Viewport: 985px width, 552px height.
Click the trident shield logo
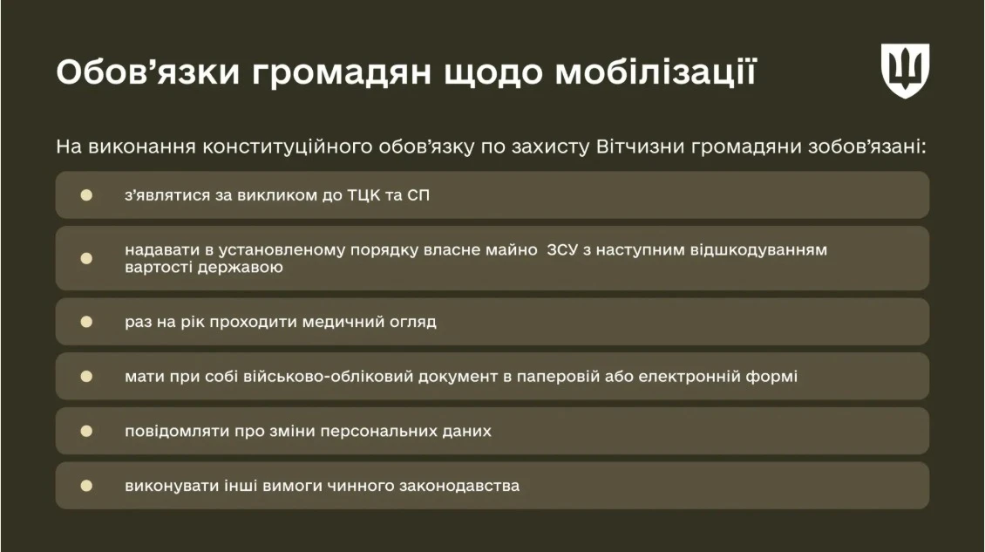pyautogui.click(x=905, y=71)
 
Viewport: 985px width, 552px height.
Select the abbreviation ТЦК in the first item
pyautogui.click(x=357, y=194)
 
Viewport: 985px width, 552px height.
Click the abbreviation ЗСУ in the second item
pyautogui.click(x=565, y=250)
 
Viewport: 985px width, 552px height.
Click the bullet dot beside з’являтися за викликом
pyautogui.click(x=86, y=194)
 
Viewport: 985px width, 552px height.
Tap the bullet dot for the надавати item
pyautogui.click(x=86, y=258)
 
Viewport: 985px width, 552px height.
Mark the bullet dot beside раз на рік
pyautogui.click(x=86, y=322)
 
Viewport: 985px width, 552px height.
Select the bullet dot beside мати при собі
pyautogui.click(x=86, y=377)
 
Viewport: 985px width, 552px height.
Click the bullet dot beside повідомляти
pyautogui.click(x=86, y=431)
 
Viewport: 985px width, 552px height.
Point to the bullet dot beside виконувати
pyautogui.click(x=86, y=486)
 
